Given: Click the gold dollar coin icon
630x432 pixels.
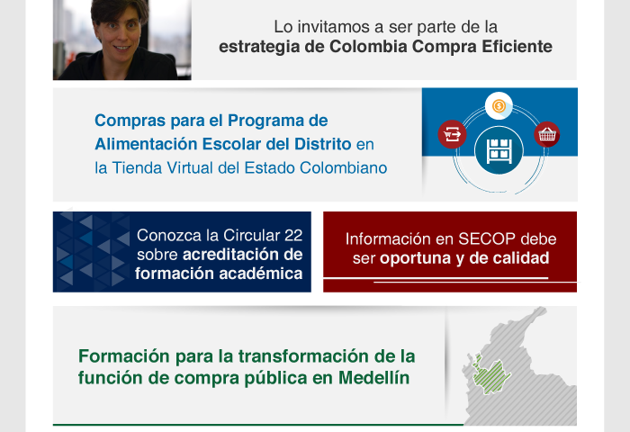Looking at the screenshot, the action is tap(499, 106).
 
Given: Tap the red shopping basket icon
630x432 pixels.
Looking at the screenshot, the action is tap(547, 134).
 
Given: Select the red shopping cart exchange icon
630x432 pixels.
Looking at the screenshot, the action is tap(452, 134).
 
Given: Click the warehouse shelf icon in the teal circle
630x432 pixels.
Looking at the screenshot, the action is tap(499, 151).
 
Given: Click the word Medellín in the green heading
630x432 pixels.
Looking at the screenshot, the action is tap(373, 378).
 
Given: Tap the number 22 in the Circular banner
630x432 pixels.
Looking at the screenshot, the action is tap(292, 236).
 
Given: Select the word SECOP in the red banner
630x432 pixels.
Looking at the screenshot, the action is tap(487, 239).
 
